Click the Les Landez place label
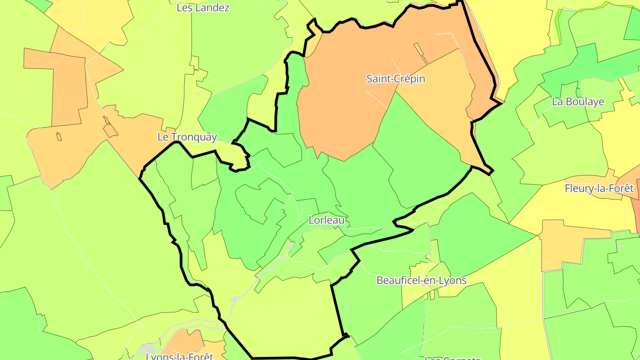pyautogui.click(x=203, y=8)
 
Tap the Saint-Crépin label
pyautogui.click(x=396, y=79)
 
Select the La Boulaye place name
pyautogui.click(x=578, y=101)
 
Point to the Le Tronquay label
pyautogui.click(x=187, y=137)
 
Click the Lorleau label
pyautogui.click(x=327, y=220)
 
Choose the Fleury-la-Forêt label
pyautogui.click(x=599, y=188)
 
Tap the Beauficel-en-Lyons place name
pyautogui.click(x=421, y=280)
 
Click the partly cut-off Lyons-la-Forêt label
pyautogui.click(x=180, y=356)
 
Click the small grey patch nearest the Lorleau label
pyautogui.click(x=290, y=245)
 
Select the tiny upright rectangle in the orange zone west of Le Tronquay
pyautogui.click(x=59, y=137)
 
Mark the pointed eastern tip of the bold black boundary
pyautogui.click(x=491, y=172)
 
